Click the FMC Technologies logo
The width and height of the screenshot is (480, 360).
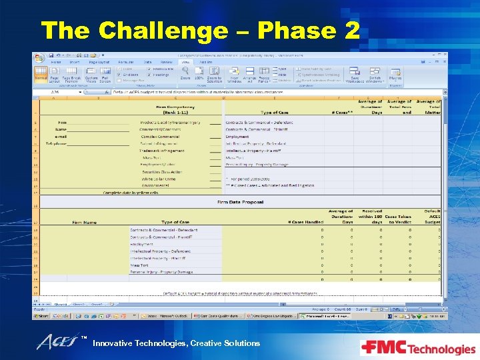pos(417,347)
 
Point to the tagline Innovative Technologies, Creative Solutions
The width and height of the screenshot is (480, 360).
pos(176,343)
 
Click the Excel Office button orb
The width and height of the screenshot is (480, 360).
pos(41,58)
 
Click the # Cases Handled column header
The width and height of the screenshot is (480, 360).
pos(305,222)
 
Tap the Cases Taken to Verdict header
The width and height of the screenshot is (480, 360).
pos(399,219)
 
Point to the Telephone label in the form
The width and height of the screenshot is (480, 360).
pos(56,143)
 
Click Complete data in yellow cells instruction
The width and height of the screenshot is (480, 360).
pos(131,193)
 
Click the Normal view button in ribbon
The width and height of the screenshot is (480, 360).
pos(41,75)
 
